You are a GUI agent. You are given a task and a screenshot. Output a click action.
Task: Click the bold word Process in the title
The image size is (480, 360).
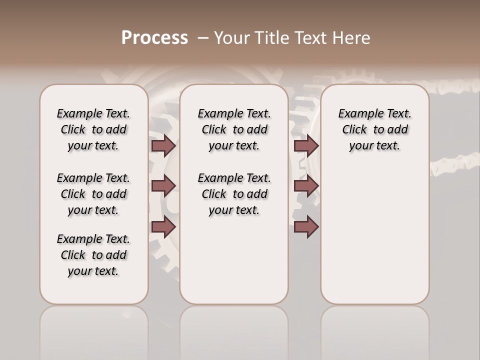coord(154,37)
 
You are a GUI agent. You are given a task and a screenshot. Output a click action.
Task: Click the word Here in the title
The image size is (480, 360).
coord(352,37)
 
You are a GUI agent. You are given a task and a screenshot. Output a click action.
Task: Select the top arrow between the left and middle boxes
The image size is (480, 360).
coord(163,146)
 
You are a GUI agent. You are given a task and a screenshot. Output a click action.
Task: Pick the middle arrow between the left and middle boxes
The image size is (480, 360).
coord(163,186)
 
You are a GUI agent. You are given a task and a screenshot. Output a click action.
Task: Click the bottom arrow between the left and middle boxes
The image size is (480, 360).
coord(163,227)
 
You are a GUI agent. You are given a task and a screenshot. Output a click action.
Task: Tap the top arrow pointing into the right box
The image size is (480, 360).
coord(306,146)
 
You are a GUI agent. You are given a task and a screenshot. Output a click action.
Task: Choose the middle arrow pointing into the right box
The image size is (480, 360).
coord(306,186)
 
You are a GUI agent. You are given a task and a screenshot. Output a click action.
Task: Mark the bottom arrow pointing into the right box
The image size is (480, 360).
coord(306,227)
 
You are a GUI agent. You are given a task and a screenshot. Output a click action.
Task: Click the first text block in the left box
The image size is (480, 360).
coord(93,129)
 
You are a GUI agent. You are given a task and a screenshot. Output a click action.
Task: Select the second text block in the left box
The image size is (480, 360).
coord(93,194)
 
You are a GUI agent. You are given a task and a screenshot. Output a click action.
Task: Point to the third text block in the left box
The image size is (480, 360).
coord(93,255)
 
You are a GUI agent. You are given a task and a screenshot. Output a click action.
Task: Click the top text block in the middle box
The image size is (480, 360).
coord(234,129)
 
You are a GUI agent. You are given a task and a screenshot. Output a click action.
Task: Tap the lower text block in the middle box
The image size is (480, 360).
coord(234,194)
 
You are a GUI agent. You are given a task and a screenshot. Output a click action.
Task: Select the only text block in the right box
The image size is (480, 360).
coord(374,129)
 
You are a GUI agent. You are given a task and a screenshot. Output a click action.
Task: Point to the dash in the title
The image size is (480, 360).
coord(203,37)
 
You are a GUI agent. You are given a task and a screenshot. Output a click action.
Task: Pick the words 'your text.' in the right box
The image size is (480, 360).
coord(374,146)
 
